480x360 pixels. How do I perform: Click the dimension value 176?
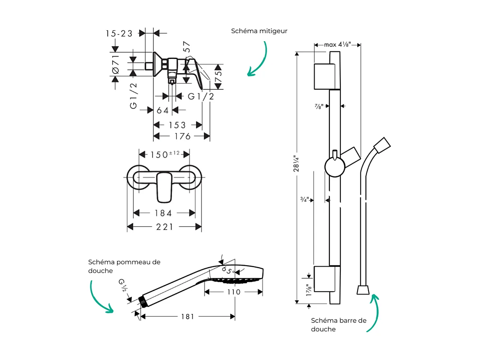click(x=182, y=137)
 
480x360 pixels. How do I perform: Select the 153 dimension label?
click(x=177, y=125)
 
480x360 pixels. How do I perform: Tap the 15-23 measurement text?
click(x=119, y=34)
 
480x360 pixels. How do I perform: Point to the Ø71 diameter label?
click(x=115, y=65)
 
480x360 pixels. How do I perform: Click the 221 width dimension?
click(x=165, y=227)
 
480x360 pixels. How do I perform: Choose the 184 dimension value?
click(x=163, y=213)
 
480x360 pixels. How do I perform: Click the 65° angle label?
click(x=228, y=270)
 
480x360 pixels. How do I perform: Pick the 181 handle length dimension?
click(x=187, y=316)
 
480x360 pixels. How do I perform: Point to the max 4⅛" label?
click(x=337, y=44)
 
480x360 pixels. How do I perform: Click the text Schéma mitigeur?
click(x=259, y=31)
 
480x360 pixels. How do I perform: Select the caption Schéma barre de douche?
click(x=338, y=324)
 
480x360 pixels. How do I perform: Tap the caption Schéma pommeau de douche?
click(x=124, y=266)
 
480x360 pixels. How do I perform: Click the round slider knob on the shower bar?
click(x=335, y=167)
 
